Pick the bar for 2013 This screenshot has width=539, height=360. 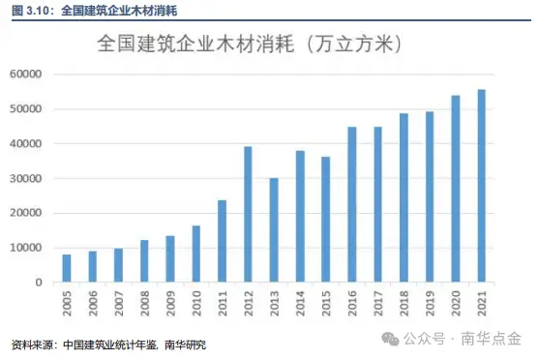point(274,230)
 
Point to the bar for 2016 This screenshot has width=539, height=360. point(352,205)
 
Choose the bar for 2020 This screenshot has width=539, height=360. point(457,189)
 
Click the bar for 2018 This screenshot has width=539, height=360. point(404,197)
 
